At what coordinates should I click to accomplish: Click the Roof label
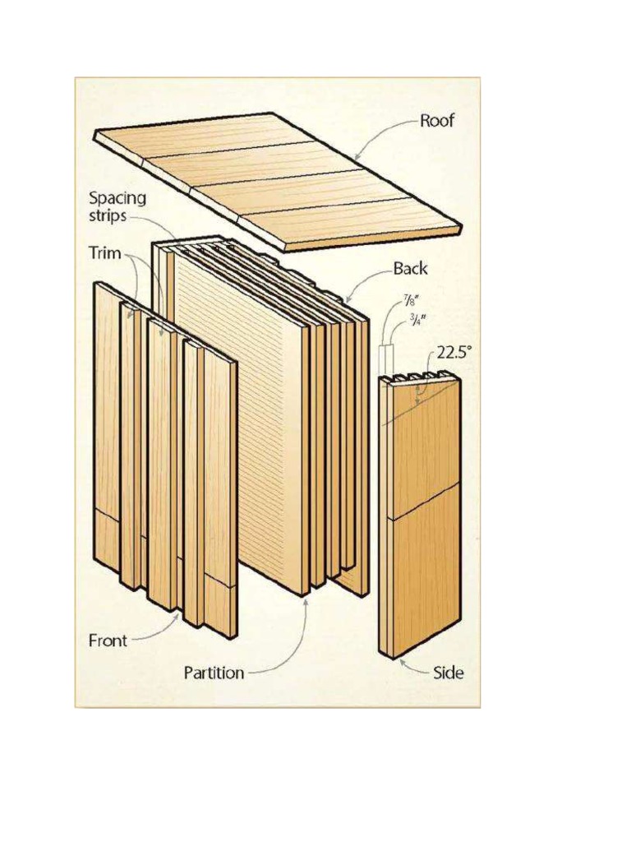(436, 122)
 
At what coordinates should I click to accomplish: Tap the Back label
(410, 269)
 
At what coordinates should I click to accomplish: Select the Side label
(448, 673)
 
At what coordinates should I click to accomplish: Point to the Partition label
(214, 673)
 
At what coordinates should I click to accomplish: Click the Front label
(108, 641)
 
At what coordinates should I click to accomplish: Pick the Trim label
(104, 255)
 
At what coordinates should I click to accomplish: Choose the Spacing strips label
(117, 206)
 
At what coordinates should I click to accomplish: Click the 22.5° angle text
(454, 353)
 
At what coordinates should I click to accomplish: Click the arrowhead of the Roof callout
(356, 157)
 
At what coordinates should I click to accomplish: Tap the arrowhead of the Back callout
(346, 303)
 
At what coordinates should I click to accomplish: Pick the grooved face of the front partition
(238, 411)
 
